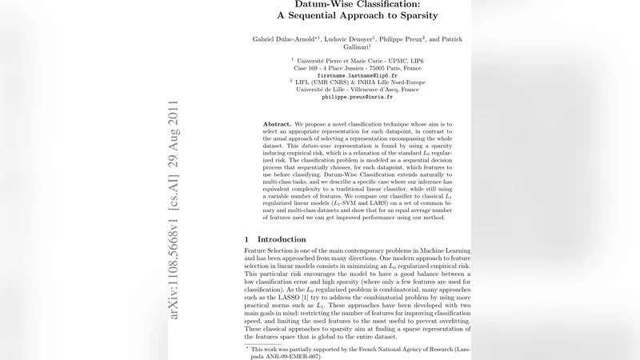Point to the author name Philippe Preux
[403, 39]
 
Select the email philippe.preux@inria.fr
[357, 97]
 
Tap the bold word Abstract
[277, 125]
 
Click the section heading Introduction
[279, 239]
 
